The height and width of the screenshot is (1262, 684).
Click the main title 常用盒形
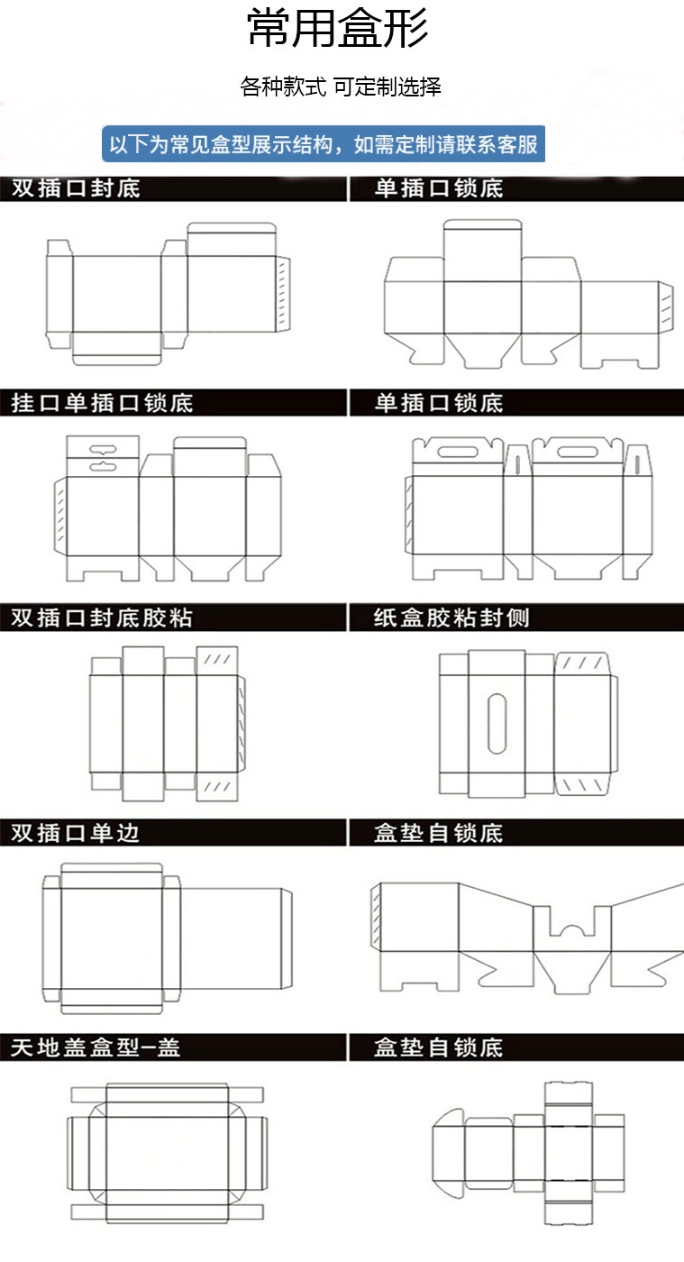coord(338,29)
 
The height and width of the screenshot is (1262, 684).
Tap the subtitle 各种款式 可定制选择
coord(341,87)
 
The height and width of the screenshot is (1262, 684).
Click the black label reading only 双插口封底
coord(76,188)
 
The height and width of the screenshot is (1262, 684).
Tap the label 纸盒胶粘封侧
coord(451,618)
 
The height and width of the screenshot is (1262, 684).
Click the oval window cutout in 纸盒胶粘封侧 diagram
coord(496,723)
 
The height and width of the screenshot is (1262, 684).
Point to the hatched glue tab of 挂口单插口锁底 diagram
coord(59,517)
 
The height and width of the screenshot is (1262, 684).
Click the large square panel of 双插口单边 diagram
coord(112,938)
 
